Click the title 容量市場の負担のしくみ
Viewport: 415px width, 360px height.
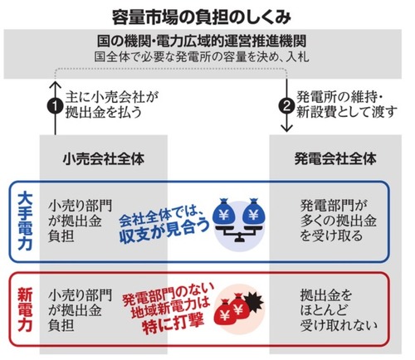click(201, 17)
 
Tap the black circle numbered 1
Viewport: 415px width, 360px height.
click(56, 105)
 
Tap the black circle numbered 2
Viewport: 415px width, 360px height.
click(286, 105)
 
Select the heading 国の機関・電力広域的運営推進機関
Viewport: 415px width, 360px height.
click(202, 41)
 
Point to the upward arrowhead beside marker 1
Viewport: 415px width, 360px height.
click(56, 85)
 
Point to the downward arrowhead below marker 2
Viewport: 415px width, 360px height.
click(286, 128)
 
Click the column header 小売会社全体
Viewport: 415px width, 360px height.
click(104, 159)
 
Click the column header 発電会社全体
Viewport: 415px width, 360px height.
click(335, 159)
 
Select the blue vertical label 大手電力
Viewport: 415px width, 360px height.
click(25, 221)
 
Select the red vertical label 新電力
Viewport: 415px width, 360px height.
click(25, 309)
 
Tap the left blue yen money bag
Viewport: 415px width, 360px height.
click(223, 212)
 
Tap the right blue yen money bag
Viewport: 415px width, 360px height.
click(253, 212)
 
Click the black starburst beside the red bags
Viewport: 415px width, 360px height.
click(253, 303)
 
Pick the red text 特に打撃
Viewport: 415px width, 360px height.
click(173, 324)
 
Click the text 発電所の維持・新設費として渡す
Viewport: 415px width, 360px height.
click(347, 105)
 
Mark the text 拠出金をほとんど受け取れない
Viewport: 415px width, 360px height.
click(339, 310)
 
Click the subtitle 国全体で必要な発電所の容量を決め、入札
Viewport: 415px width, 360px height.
click(202, 57)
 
